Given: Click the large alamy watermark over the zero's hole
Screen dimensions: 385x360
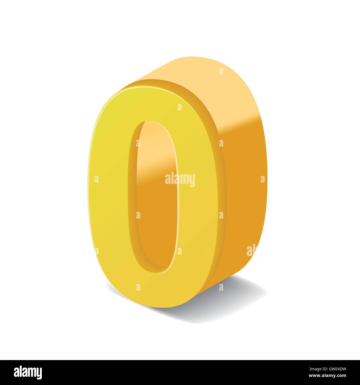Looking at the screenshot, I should tap(180, 179).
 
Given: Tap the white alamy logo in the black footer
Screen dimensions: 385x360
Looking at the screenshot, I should tap(28, 372).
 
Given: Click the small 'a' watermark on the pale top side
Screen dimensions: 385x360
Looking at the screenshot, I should tap(221, 71).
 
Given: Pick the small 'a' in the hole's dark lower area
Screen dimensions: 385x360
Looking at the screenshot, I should tap(138, 215).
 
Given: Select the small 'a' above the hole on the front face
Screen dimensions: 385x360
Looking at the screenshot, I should tap(179, 107).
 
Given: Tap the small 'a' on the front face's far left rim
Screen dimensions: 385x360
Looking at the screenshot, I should tap(96, 179).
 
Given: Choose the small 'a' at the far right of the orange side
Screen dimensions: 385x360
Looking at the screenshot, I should tap(263, 179).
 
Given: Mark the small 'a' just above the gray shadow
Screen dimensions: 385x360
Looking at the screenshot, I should tap(221, 287).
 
